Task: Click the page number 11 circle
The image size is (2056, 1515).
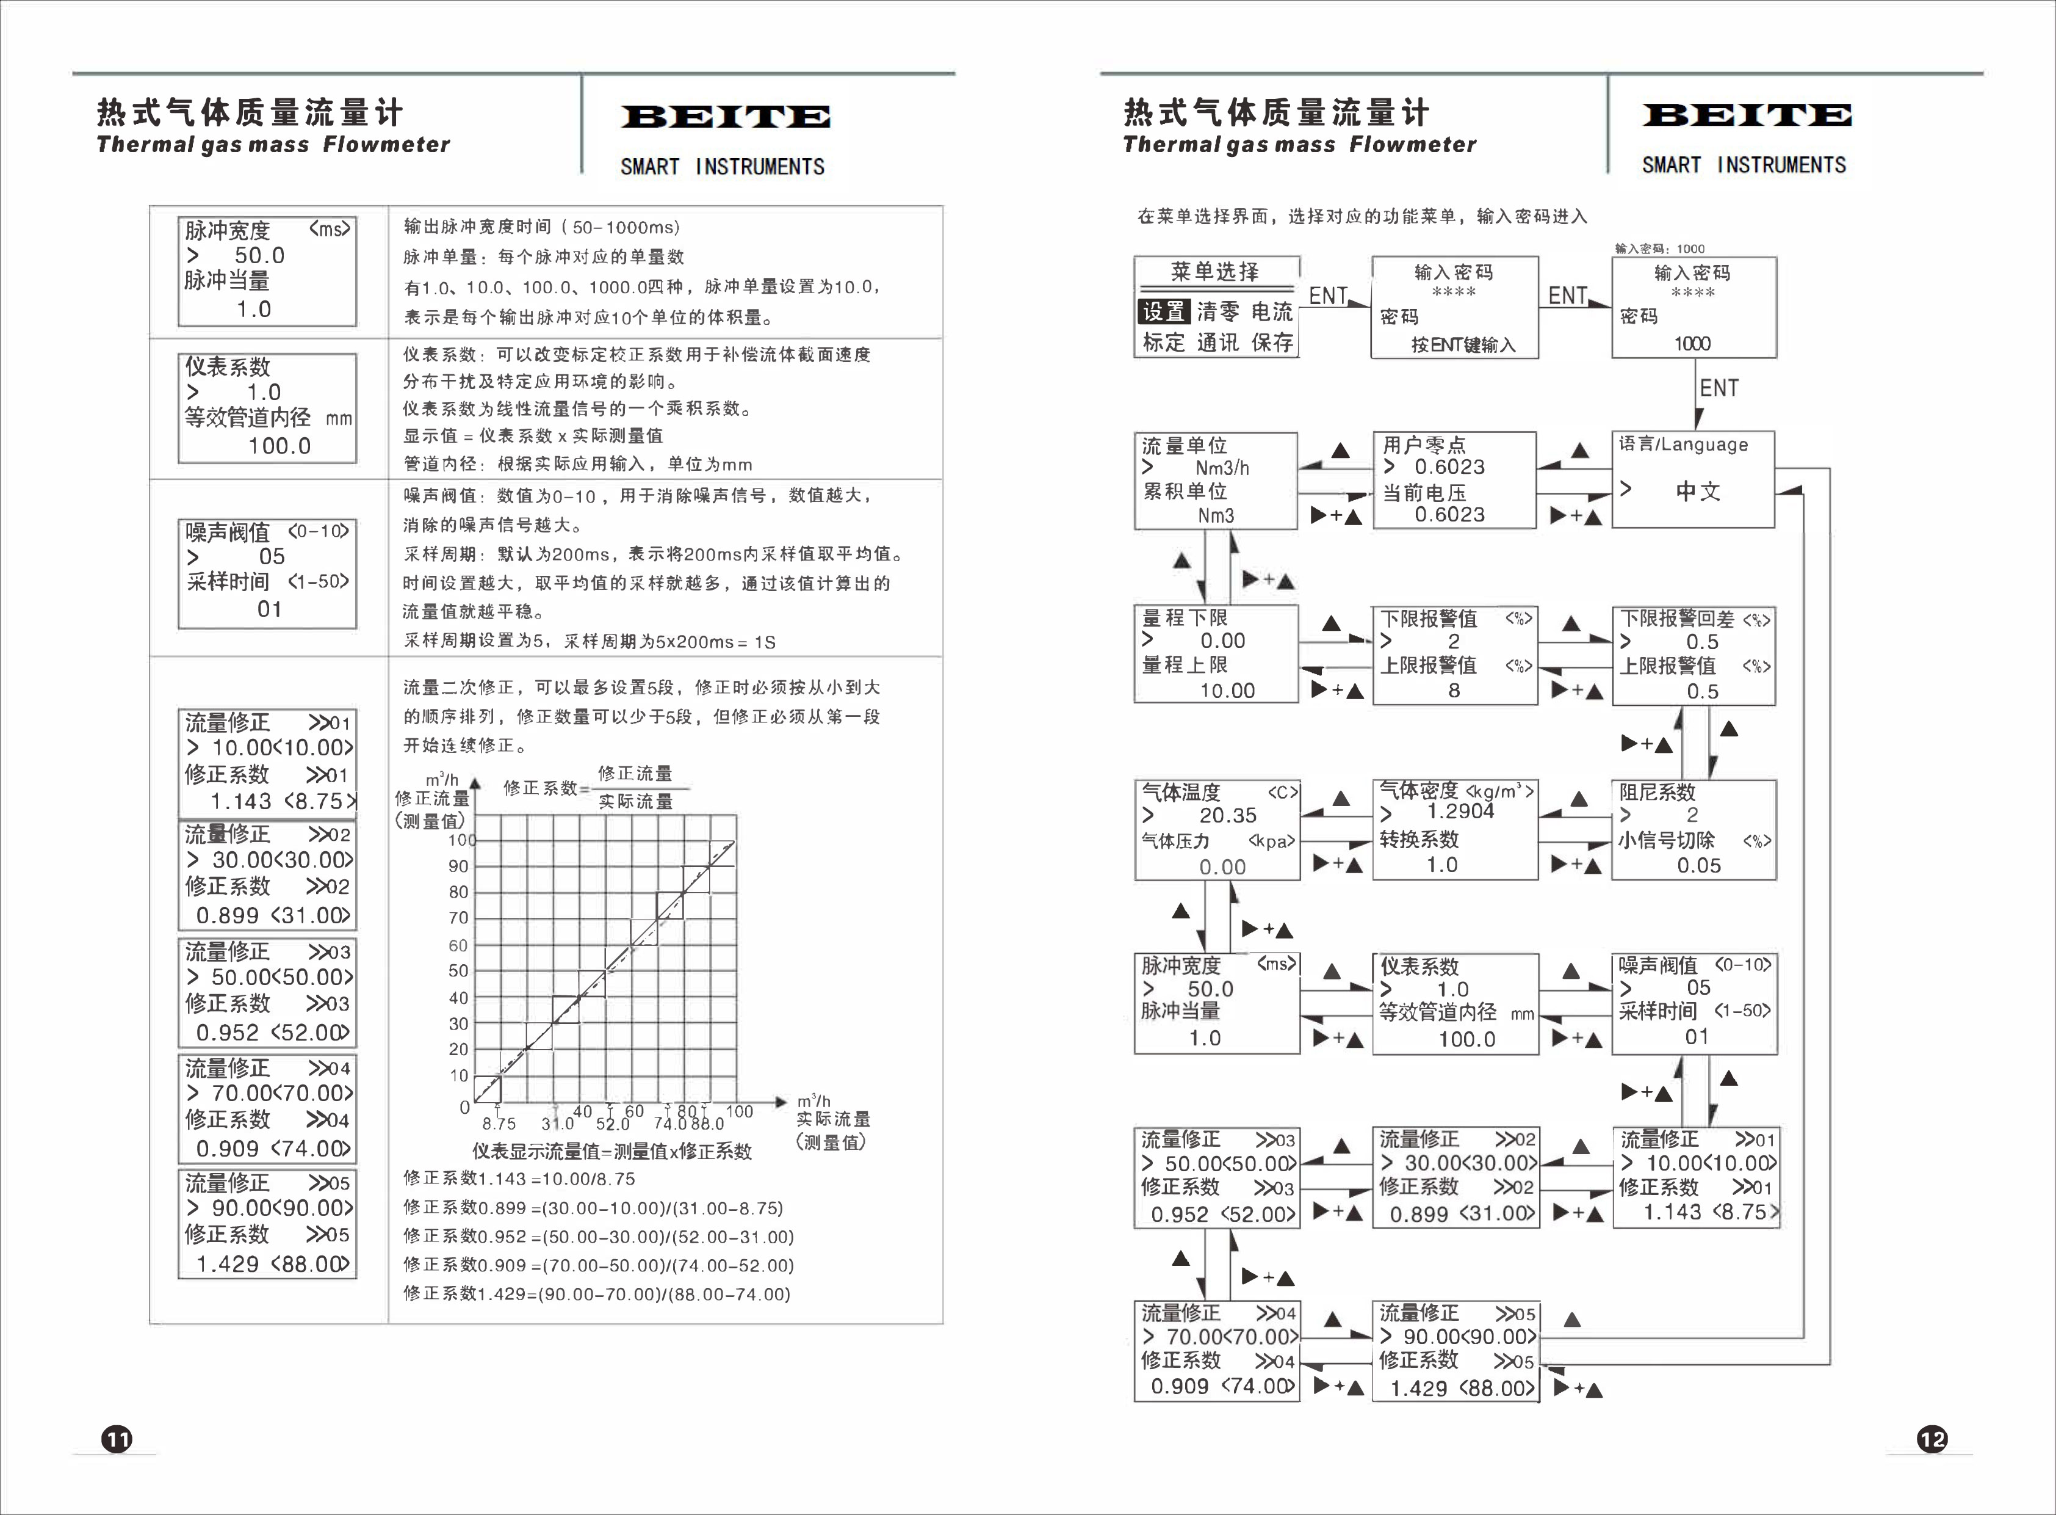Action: [117, 1439]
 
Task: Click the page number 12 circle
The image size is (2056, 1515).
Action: [1932, 1439]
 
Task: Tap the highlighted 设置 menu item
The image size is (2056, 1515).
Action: [1164, 312]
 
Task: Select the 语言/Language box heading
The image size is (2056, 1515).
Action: [1683, 445]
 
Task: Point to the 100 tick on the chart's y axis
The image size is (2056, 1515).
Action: [461, 840]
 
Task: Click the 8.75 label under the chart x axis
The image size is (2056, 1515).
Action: [499, 1124]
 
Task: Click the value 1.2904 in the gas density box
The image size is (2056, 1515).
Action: [1460, 812]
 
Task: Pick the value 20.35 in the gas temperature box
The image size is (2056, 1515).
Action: [1227, 815]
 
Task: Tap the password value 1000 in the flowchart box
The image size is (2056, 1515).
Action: [1692, 344]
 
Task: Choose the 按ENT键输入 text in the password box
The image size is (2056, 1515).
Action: [1463, 345]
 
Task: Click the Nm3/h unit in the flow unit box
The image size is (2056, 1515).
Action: [1222, 468]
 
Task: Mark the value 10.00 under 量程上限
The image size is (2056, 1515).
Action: [1227, 691]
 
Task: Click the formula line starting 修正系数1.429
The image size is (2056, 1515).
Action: [597, 1294]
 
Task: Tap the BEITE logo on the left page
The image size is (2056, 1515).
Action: [726, 117]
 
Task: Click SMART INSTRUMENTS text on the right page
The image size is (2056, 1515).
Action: [1744, 165]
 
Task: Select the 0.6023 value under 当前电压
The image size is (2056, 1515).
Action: [1449, 515]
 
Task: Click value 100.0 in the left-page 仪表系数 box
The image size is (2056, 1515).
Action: [279, 446]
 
